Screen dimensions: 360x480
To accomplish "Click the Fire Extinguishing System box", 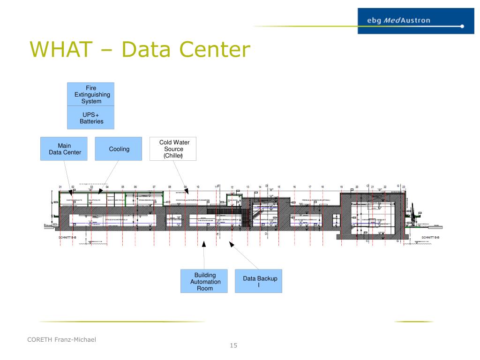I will (x=91, y=94).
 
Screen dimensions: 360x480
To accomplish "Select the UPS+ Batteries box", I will (x=91, y=118).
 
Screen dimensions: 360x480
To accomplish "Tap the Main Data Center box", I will (x=65, y=149).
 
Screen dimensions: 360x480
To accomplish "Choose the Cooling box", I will (x=119, y=149).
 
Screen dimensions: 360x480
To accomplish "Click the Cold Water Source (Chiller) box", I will (x=173, y=149).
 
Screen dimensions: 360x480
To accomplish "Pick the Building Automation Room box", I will (x=205, y=281).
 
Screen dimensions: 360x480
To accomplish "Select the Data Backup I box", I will (x=259, y=281).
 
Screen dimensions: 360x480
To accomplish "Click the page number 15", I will (x=233, y=346).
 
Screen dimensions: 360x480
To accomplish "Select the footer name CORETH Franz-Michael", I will (x=61, y=339).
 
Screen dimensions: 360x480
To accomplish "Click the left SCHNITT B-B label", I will (x=67, y=238).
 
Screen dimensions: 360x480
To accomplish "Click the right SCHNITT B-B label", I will (x=430, y=238).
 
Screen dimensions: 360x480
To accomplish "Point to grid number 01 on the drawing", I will (x=60, y=187).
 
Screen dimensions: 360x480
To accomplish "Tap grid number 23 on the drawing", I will (x=404, y=187).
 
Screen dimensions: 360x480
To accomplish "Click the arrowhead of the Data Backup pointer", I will (x=230, y=243).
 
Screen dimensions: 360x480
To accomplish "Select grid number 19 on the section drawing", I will (x=341, y=187).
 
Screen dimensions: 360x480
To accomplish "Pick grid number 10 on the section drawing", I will (x=198, y=187).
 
